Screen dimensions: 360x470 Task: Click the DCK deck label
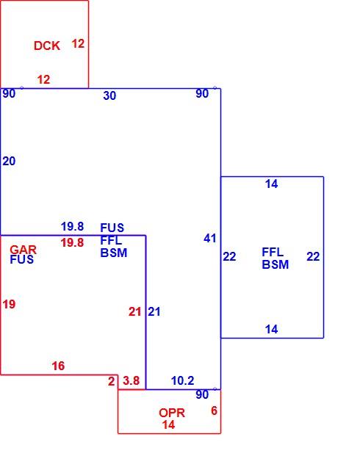[x=47, y=46]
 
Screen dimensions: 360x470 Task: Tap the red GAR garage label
[x=23, y=250]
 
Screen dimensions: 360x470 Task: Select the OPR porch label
[x=172, y=413]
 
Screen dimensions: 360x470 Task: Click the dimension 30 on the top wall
[x=109, y=95]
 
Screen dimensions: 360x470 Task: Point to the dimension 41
[x=210, y=238]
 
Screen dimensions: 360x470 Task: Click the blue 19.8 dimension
[x=72, y=226]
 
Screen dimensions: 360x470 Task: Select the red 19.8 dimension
[x=72, y=242]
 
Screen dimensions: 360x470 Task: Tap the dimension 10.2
[x=183, y=380]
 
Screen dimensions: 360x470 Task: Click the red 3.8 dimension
[x=132, y=380]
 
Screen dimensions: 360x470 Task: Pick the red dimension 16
[x=58, y=366]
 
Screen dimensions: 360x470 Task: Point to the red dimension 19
[x=9, y=305]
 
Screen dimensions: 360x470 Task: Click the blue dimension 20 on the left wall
[x=9, y=162]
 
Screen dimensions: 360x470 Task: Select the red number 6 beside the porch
[x=214, y=411]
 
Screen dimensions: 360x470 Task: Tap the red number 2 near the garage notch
[x=111, y=381]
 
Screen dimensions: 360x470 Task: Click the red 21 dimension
[x=135, y=311]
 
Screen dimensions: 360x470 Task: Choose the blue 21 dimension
[x=154, y=311]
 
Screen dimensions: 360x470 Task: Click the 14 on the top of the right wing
[x=272, y=184]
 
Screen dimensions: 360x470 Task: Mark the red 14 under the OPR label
[x=168, y=424]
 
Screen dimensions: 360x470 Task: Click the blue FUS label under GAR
[x=21, y=259]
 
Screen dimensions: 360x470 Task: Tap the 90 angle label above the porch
[x=202, y=394]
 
